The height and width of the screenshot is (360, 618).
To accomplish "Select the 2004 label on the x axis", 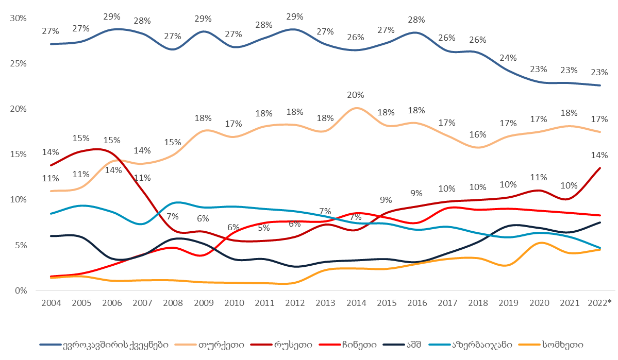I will (50, 302).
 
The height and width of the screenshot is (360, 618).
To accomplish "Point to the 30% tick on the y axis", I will (19, 18).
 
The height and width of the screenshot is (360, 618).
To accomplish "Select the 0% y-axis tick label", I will (21, 290).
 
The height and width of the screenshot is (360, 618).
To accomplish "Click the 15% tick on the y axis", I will (19, 154).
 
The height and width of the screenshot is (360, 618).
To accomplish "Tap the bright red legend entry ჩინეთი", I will (359, 344).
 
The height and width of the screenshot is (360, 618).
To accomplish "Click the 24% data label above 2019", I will (508, 58).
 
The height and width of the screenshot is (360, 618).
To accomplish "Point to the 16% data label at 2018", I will (477, 134).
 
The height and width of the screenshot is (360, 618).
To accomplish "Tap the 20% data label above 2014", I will (356, 95).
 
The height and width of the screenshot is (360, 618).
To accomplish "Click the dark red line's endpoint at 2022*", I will (599, 168).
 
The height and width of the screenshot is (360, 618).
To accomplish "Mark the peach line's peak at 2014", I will (357, 108).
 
